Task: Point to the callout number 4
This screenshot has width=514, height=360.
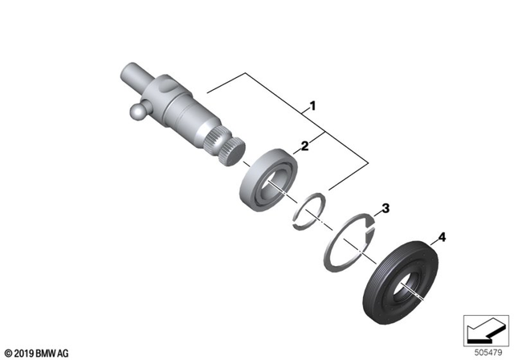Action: pos(439,238)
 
